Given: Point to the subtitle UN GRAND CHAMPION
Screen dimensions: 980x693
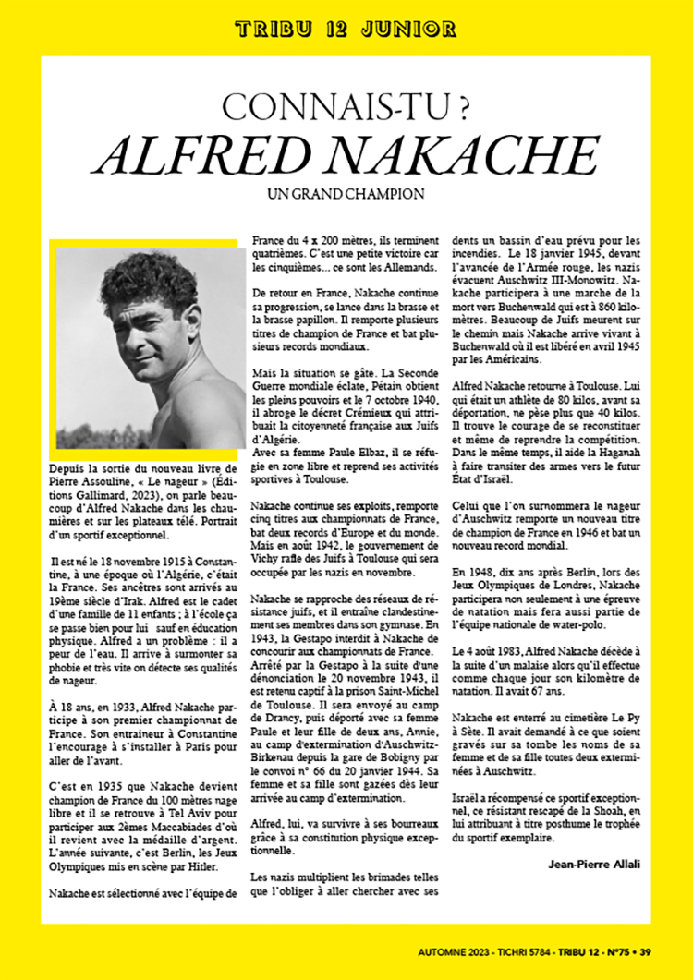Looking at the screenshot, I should point(346,195).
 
